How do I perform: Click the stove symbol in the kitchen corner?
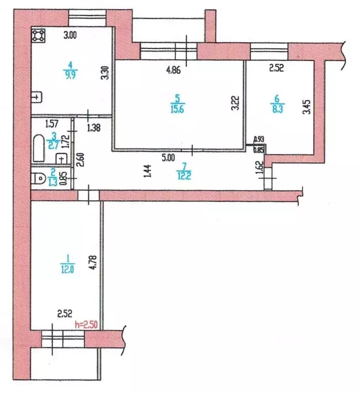[38, 35]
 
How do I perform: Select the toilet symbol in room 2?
[40, 178]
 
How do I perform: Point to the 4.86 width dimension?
[175, 70]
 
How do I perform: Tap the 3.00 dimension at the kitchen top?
[70, 35]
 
